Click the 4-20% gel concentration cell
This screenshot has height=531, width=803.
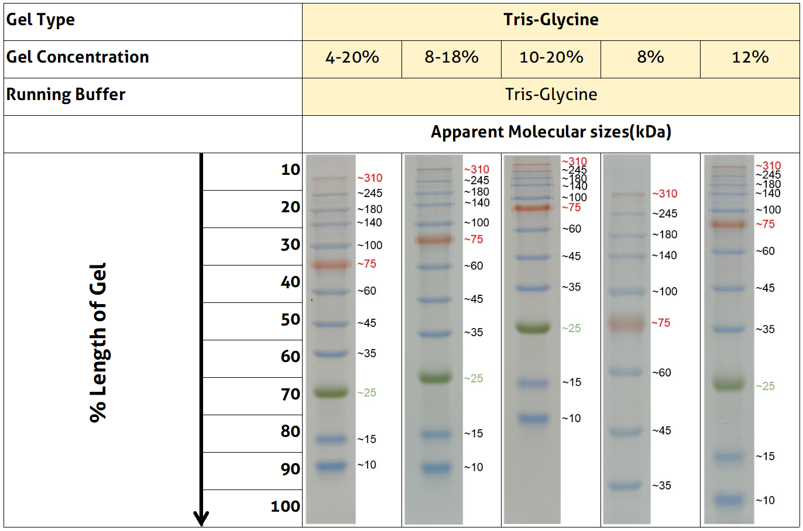[352, 57]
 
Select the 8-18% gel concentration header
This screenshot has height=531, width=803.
[451, 57]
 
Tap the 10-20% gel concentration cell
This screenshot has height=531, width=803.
[551, 57]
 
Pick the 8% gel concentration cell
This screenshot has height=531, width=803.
[650, 57]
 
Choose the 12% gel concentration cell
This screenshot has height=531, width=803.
[750, 57]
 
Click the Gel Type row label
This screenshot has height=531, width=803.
[40, 20]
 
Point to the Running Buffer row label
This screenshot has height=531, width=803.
[66, 95]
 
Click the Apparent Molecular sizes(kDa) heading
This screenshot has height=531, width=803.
[551, 132]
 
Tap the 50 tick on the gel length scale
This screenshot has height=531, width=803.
[290, 320]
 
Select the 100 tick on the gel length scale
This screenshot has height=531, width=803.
[285, 506]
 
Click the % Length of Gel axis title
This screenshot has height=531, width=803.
[98, 342]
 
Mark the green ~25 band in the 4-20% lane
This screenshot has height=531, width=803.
[330, 392]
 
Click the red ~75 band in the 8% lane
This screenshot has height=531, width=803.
[626, 323]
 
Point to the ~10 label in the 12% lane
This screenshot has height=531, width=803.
[765, 501]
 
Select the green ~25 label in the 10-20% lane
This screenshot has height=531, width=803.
[571, 329]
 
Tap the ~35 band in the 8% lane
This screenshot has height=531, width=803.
[626, 485]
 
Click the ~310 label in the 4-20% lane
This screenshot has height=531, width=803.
[370, 178]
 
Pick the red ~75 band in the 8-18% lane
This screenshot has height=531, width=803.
[434, 239]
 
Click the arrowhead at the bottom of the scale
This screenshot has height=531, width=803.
[201, 518]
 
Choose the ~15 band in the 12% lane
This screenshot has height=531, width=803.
[729, 456]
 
